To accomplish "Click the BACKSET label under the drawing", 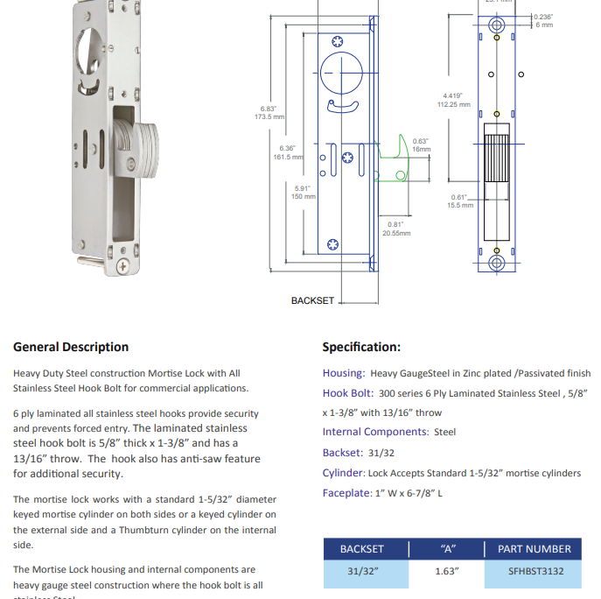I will point(312,300).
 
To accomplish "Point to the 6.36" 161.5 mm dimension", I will point(288,152).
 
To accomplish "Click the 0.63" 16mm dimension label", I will point(421,144).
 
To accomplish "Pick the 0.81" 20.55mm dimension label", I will point(395,229).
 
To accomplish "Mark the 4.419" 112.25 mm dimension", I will point(453,100).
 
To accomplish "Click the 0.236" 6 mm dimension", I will point(543,21).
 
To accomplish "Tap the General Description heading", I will point(71,347).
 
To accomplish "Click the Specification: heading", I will point(361,347).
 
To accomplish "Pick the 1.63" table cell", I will point(447,572).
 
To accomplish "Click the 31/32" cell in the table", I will point(361,572).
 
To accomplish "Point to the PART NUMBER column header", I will point(534,549).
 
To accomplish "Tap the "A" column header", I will point(447,549).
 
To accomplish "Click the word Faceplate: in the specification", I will point(346,493).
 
